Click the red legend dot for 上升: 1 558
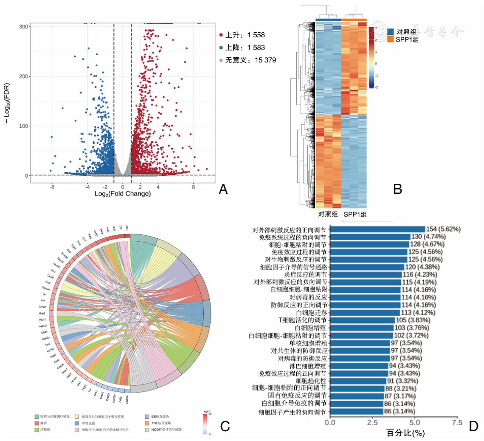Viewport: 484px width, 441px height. pyautogui.click(x=221, y=34)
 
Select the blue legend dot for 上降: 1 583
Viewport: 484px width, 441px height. pyautogui.click(x=221, y=47)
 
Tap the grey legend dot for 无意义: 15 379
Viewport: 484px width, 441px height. pyautogui.click(x=221, y=60)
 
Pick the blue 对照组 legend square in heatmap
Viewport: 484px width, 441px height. pyautogui.click(x=391, y=32)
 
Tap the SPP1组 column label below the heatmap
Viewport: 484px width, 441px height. pyautogui.click(x=355, y=215)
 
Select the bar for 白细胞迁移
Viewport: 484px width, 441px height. pyautogui.click(x=364, y=312)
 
